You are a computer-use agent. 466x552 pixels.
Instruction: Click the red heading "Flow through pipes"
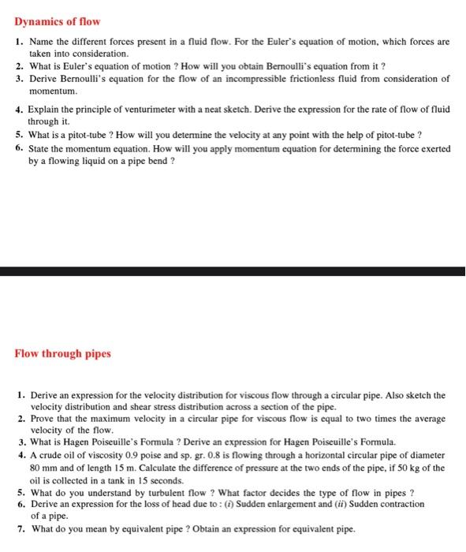tap(63, 352)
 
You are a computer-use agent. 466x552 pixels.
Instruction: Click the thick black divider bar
tap(233, 272)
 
